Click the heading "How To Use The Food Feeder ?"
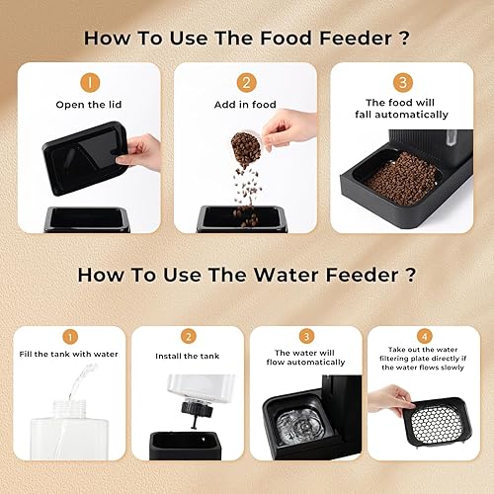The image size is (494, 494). pos(247,39)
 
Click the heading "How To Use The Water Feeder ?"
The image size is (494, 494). pos(247,274)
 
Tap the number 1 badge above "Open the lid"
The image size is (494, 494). pos(89,84)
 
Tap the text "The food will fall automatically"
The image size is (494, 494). pos(402,109)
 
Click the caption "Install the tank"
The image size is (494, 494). pos(188,356)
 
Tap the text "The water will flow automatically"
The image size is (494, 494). pos(306,359)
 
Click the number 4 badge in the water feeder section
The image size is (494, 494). pos(426,336)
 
